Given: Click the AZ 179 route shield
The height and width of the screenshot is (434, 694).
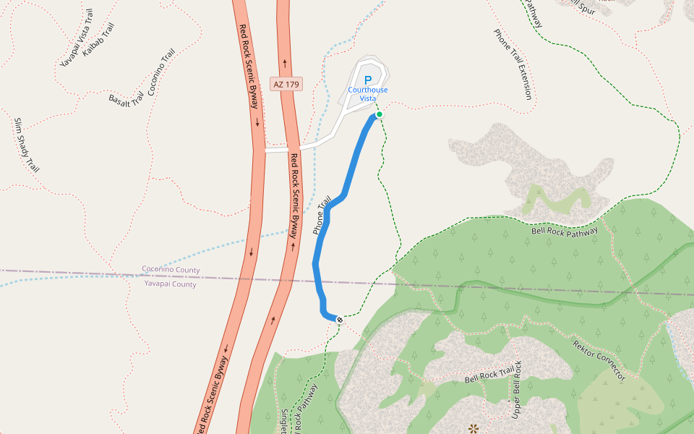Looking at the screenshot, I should [286, 84].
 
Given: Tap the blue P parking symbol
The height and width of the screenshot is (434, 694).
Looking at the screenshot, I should [368, 80].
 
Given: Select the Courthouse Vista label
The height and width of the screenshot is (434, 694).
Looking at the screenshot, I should [368, 94].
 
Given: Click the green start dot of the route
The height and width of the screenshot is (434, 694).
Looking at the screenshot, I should [379, 114].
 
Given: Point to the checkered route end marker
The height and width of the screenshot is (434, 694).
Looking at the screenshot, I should [339, 319].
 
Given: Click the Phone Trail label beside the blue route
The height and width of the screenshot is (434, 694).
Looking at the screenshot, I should [322, 215].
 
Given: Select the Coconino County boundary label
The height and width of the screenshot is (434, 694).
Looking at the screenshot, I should [171, 270].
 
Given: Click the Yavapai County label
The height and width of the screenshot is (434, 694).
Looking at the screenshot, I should [170, 284].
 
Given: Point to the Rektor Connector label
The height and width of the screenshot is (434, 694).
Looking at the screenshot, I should [598, 359].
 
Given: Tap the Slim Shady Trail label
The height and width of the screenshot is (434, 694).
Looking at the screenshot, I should [25, 144].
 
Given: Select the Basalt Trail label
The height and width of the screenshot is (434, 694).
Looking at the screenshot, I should [127, 100].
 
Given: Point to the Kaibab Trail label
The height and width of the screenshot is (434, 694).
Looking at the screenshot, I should [98, 39].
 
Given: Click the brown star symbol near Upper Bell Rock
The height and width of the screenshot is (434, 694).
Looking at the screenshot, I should [474, 428].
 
